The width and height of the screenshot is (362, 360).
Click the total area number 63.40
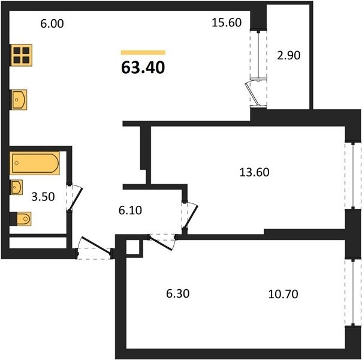coord(143,68)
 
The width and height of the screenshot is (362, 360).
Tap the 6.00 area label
coord(52,24)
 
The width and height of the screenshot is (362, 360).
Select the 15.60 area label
coord(227,23)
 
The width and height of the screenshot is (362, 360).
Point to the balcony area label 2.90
coord(289,55)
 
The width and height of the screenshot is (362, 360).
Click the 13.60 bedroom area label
coord(254,172)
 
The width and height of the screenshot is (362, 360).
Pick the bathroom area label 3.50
coord(43,197)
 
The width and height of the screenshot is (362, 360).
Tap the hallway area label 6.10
coord(130,211)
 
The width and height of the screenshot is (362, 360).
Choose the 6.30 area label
coord(178,293)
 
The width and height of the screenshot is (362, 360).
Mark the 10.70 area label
coord(283,295)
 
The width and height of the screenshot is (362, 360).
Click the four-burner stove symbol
coord(21,55)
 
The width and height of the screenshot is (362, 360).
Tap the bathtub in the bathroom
coord(35,163)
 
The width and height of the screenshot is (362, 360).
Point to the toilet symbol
coord(21,218)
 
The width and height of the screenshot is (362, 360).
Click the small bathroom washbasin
coord(16,187)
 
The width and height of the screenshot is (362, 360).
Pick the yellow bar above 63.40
coord(143,52)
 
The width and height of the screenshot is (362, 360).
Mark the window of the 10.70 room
coord(353,292)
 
